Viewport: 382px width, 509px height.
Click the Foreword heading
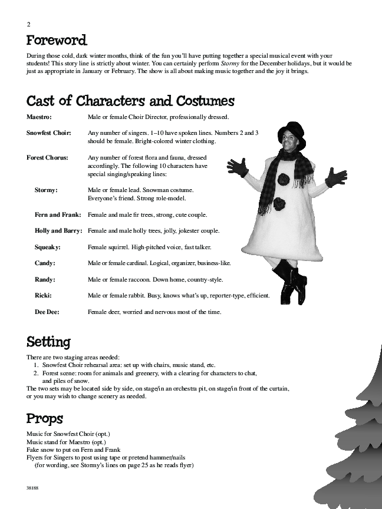point(57,41)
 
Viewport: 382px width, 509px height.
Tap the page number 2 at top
point(28,24)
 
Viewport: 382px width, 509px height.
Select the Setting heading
point(48,342)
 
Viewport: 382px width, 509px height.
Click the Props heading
point(44,419)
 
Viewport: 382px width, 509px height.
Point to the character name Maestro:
point(39,117)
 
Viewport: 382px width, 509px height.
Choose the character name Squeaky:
point(48,247)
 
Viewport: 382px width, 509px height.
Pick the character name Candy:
point(45,263)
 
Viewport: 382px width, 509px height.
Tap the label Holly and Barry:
point(58,231)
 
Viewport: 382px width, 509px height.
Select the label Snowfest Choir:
point(49,133)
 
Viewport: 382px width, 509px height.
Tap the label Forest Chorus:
point(47,158)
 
